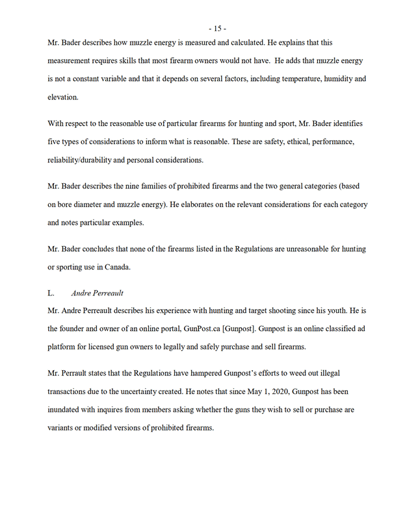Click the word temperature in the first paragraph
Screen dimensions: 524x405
[285, 79]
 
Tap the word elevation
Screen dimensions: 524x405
[62, 97]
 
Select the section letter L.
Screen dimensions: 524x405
[51, 293]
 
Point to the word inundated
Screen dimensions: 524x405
[67, 411]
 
